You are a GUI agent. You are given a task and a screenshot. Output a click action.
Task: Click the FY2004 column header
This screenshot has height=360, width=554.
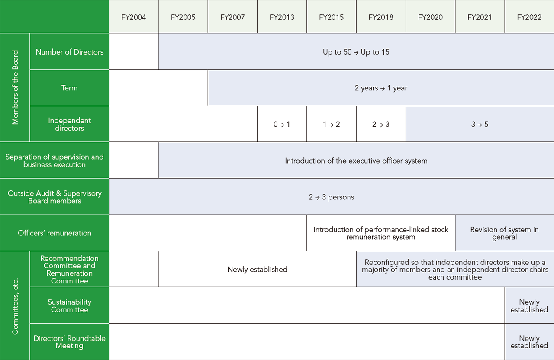134,17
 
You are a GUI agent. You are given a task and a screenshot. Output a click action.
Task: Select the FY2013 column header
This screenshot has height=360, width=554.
282,17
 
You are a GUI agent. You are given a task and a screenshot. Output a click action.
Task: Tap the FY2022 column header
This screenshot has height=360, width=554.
529,17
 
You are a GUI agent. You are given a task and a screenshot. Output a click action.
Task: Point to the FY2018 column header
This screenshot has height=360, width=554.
381,17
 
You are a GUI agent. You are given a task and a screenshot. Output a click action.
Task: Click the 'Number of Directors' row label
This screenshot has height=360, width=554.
70,52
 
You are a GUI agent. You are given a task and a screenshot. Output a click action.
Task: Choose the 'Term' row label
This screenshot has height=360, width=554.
70,88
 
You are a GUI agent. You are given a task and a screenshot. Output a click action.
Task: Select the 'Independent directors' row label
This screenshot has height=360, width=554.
70,124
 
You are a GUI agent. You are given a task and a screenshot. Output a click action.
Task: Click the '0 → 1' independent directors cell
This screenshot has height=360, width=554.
282,124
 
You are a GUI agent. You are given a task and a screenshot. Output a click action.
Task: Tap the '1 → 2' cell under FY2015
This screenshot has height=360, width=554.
332,124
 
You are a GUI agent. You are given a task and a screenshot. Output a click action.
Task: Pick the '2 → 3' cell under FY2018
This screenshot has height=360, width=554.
381,124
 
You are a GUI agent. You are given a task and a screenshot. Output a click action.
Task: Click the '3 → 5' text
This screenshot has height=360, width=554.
480,124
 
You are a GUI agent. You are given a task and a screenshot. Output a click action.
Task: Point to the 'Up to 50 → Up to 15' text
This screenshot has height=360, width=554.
356,52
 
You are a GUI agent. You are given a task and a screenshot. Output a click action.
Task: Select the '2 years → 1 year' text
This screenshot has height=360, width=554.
381,88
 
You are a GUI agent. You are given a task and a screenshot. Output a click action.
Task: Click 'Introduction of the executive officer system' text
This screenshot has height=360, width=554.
356,161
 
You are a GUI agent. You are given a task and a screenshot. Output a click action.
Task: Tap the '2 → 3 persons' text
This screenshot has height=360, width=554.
332,197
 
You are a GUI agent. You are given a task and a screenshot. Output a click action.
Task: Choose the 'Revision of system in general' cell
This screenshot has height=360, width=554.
505,233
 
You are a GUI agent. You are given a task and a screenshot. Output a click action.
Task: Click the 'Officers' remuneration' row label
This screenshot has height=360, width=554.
55,233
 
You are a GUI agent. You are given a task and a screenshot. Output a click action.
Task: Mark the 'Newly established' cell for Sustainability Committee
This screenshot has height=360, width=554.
529,305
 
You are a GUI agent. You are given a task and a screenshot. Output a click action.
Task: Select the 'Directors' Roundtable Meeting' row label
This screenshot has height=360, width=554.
70,342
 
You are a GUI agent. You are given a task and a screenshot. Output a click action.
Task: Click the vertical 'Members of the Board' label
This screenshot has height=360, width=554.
15,87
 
